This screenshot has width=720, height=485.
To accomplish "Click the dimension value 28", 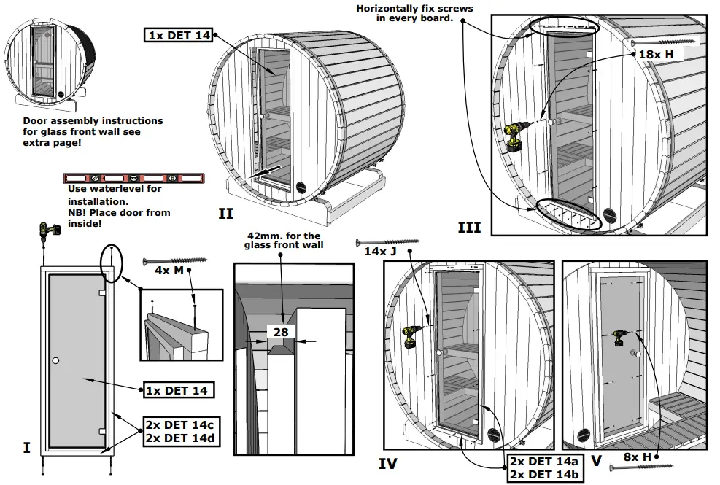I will pyautogui.click(x=281, y=332).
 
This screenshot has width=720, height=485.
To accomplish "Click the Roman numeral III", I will pyautogui.click(x=469, y=228).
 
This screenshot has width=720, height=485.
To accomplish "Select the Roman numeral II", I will pyautogui.click(x=225, y=214).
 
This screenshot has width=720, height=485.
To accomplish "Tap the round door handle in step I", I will pyautogui.click(x=55, y=361).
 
